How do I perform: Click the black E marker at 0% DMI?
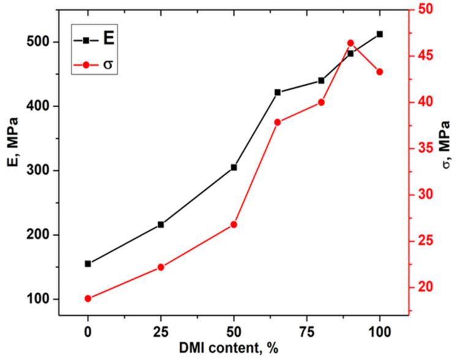pos(88,264)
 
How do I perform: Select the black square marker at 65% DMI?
pos(277,92)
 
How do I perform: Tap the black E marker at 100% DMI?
pos(380,34)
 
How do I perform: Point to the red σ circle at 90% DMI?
pos(350,43)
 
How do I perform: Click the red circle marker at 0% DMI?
pos(88,299)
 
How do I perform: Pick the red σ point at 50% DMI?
pos(233,225)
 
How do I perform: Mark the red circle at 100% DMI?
pos(380,72)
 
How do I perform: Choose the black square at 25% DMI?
pos(160,225)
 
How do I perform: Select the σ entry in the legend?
pos(108,64)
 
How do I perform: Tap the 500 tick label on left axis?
pos(40,42)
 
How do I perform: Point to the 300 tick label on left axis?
pos(40,171)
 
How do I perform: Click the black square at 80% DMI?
pos(321,81)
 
